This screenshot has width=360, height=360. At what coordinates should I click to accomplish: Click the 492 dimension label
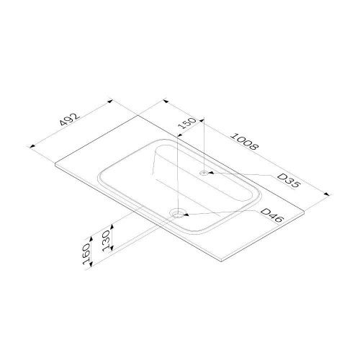pyautogui.click(x=70, y=120)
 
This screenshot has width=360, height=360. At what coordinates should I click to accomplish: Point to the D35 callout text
pyautogui.click(x=289, y=181)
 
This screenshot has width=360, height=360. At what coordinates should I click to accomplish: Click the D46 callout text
pyautogui.click(x=272, y=215)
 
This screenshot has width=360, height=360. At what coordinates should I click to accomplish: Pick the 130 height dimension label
pyautogui.click(x=106, y=240)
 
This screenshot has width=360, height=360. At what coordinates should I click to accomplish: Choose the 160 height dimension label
pyautogui.click(x=86, y=253)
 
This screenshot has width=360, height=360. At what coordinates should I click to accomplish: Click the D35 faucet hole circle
pyautogui.click(x=204, y=173)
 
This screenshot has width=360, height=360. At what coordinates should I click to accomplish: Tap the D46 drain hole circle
pyautogui.click(x=178, y=213)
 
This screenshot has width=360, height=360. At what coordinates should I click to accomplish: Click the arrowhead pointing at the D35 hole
pyautogui.click(x=211, y=172)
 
